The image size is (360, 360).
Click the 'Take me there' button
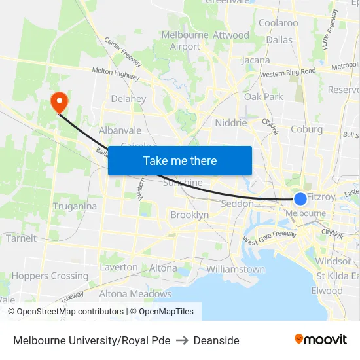(x=180, y=160)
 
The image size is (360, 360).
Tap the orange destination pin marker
(x=59, y=101)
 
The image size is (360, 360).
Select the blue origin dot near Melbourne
(x=300, y=199)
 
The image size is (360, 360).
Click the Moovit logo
(x=320, y=340)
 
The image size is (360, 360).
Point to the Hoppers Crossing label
(x=50, y=276)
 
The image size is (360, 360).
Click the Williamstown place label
(x=236, y=269)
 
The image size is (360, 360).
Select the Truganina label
(x=75, y=206)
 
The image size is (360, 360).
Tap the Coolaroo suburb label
(x=278, y=23)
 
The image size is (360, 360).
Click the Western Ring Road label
(x=288, y=72)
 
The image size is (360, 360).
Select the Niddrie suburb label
(x=231, y=122)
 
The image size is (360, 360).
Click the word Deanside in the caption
(x=216, y=340)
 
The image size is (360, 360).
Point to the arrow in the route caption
(x=182, y=340)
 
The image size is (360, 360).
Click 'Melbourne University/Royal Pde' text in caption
(x=92, y=340)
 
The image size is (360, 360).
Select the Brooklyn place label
(x=189, y=215)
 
